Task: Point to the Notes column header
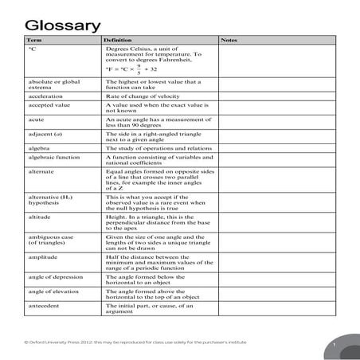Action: [229, 39]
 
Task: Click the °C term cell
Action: [33, 49]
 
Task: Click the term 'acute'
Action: [37, 119]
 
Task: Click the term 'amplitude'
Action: [43, 256]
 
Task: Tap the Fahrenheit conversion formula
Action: [136, 68]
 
